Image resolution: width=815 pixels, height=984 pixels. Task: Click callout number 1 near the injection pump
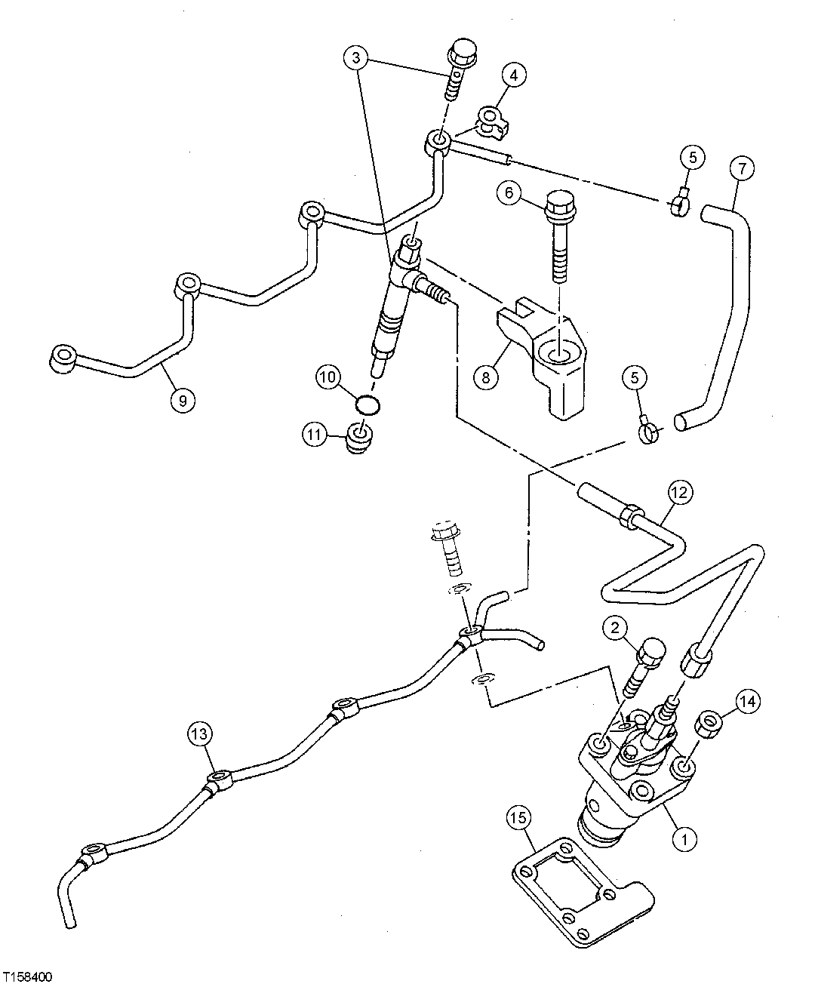tap(684, 836)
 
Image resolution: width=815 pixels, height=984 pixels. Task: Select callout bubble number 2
tap(616, 627)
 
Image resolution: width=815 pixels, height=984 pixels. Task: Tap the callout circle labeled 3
tap(358, 57)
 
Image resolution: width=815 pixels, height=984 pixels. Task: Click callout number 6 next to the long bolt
tap(509, 193)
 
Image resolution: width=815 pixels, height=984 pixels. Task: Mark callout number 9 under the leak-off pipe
tap(182, 400)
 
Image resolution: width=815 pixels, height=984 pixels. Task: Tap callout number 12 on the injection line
tap(678, 494)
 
